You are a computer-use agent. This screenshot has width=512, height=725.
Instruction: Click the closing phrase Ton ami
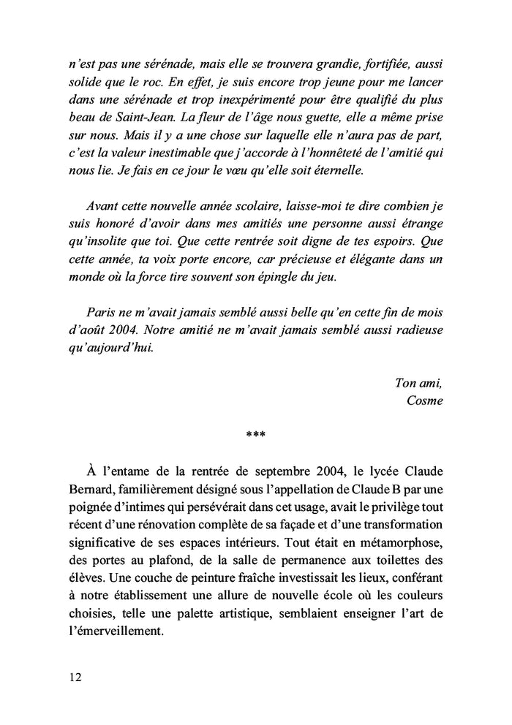(x=419, y=382)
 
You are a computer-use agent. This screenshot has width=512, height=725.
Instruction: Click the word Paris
(x=102, y=311)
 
